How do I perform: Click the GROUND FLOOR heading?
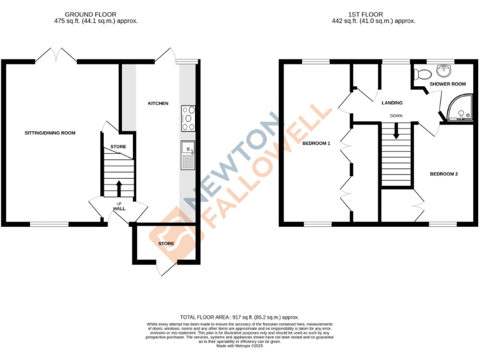[x=94, y=14]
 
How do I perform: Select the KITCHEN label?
[x=157, y=103]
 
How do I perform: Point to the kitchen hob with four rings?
[x=187, y=118]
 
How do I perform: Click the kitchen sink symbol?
[x=187, y=155]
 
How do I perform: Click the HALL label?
[x=119, y=209]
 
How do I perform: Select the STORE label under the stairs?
[x=118, y=147]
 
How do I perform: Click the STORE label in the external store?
[x=166, y=243]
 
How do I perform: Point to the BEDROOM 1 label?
[x=316, y=143]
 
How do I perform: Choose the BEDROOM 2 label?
[x=444, y=174]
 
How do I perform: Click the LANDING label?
[x=392, y=103]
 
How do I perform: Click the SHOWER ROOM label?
[x=447, y=84]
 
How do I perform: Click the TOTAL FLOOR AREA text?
[x=239, y=317]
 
